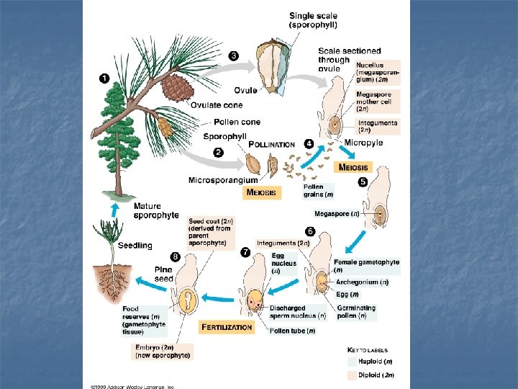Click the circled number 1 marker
pos(104,78)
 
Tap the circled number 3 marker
pos(233,55)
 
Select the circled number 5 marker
pos(363,182)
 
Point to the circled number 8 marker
pos(175,256)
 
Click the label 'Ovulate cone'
pos(217,106)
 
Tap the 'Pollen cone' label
pos(237,122)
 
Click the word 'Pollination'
pos(271,144)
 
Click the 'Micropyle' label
pos(363,143)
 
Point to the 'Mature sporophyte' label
pos(156,210)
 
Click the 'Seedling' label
pos(135,245)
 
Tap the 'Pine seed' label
pos(163,273)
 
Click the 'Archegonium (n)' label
pos(361,282)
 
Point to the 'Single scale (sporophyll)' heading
pos(316,19)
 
